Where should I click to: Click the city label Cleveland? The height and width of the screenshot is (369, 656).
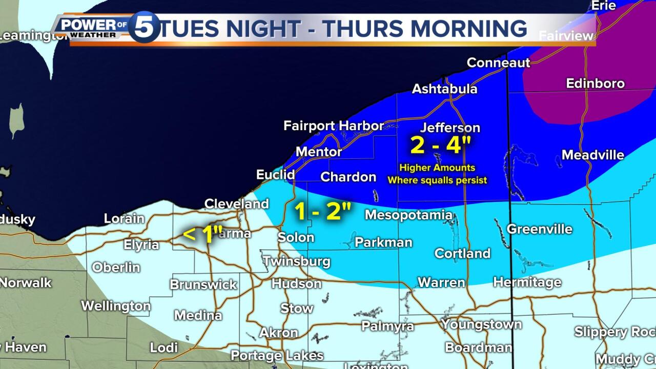(236, 203)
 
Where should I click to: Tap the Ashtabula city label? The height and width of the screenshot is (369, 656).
(444, 89)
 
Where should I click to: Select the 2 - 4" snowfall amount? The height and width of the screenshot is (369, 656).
(440, 145)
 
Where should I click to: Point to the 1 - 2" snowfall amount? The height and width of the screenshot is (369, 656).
(323, 211)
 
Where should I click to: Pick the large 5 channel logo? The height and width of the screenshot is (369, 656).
(144, 27)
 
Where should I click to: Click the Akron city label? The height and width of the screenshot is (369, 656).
(278, 332)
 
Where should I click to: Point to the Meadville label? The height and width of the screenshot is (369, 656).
(592, 155)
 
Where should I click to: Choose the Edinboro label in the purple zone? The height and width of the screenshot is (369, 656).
(595, 83)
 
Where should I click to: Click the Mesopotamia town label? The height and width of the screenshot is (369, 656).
(408, 215)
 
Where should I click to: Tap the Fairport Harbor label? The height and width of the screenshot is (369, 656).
(333, 126)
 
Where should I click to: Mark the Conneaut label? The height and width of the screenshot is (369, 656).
(498, 63)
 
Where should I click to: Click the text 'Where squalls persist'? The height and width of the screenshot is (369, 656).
(437, 180)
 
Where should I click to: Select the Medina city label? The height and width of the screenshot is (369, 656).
(198, 315)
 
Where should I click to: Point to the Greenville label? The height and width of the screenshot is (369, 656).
(539, 229)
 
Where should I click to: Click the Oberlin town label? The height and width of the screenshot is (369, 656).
(116, 267)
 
